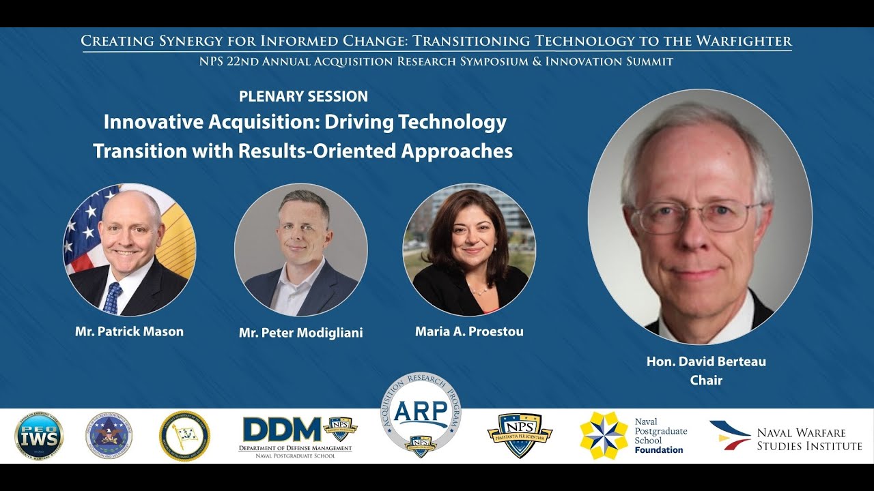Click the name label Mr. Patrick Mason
pyautogui.click(x=129, y=332)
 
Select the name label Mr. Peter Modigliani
pyautogui.click(x=300, y=333)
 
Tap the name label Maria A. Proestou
pyautogui.click(x=469, y=332)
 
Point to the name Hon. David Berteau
pyautogui.click(x=706, y=361)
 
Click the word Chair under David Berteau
pyautogui.click(x=706, y=380)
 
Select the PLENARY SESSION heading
pyautogui.click(x=303, y=96)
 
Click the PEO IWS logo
pyautogui.click(x=39, y=436)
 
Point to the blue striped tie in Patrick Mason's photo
pyautogui.click(x=113, y=298)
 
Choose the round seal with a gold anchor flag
pyautogui.click(x=184, y=436)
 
